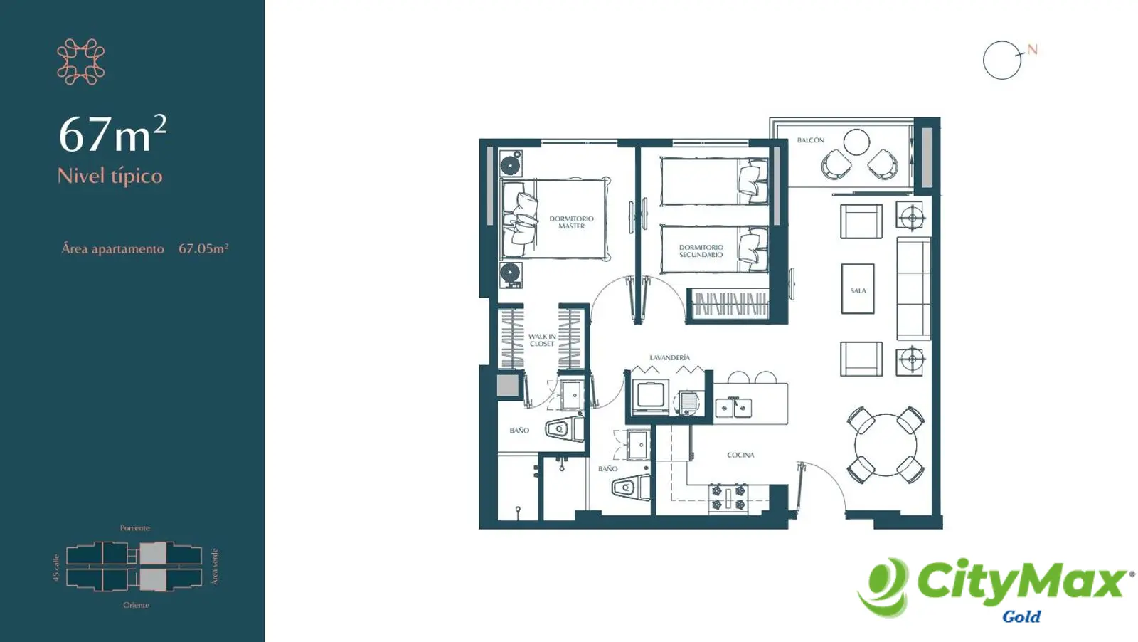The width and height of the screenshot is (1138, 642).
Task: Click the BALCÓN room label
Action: click(810, 140)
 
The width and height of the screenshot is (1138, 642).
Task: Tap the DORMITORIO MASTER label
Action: click(571, 222)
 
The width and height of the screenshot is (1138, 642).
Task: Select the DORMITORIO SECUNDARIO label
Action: click(701, 251)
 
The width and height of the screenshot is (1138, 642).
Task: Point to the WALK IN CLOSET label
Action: click(541, 340)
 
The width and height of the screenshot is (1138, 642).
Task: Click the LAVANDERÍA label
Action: click(669, 357)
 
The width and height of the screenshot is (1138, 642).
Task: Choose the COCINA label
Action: click(740, 455)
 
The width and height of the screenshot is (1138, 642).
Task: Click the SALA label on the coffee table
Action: click(858, 291)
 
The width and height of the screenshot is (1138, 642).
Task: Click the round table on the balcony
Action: click(856, 142)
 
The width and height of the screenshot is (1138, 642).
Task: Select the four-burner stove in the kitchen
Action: click(728, 498)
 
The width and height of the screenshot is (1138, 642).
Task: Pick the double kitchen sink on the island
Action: click(733, 408)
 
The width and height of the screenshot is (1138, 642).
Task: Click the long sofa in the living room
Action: click(913, 288)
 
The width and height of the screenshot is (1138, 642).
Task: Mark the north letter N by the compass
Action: click(1032, 50)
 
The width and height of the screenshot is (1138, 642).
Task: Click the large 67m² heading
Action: click(112, 134)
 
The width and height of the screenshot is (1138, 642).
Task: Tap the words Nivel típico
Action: click(110, 176)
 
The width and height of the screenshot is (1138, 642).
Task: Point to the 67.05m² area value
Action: click(203, 248)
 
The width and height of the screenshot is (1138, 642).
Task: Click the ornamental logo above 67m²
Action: click(81, 61)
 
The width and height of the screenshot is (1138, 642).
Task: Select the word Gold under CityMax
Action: click(1021, 616)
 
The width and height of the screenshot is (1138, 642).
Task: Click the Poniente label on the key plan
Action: click(134, 527)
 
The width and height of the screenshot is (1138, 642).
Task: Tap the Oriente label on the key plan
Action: click(136, 605)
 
